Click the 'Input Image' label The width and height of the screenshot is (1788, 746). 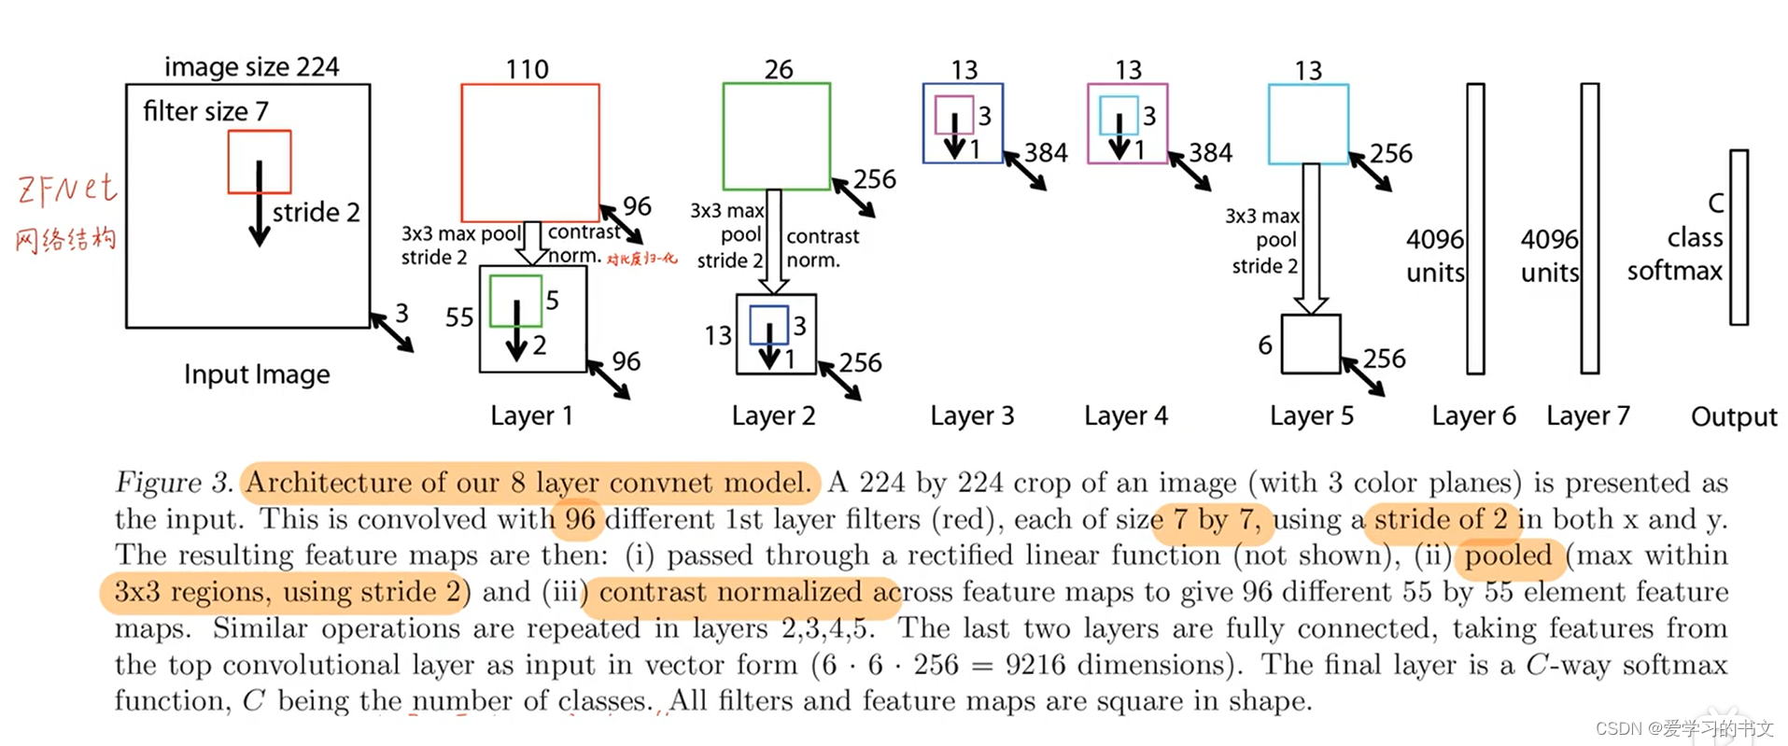coord(257,374)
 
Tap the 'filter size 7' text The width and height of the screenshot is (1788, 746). coord(205,112)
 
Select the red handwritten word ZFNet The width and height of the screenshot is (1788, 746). coord(67,190)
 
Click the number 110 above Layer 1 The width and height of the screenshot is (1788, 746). coord(528,70)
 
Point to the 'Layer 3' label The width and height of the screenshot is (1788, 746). coord(972,415)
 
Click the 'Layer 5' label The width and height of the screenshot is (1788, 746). coord(1311,415)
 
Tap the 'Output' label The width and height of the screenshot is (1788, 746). coord(1734,416)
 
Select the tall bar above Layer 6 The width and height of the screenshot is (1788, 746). coord(1475,229)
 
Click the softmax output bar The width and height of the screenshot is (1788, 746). coord(1739,237)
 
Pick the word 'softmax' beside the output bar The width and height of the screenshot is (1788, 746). coord(1674,271)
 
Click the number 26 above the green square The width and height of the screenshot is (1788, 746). coord(779,70)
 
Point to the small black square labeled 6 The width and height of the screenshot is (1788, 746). coord(1311,345)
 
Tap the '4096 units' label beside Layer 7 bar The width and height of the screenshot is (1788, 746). coord(1549,256)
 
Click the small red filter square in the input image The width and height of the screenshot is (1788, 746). coord(260,162)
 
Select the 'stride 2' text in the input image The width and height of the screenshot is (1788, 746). coord(316,213)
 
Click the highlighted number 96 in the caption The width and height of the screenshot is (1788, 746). coord(580,519)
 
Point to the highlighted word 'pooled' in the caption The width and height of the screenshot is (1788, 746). coord(1508,556)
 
